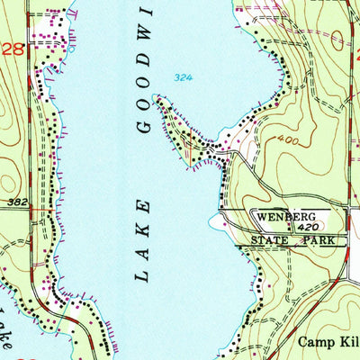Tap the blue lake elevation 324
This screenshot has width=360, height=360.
click(184, 79)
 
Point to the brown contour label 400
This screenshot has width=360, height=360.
click(288, 141)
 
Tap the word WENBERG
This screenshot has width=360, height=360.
click(287, 217)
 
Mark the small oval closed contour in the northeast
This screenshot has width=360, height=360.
click(341, 38)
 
